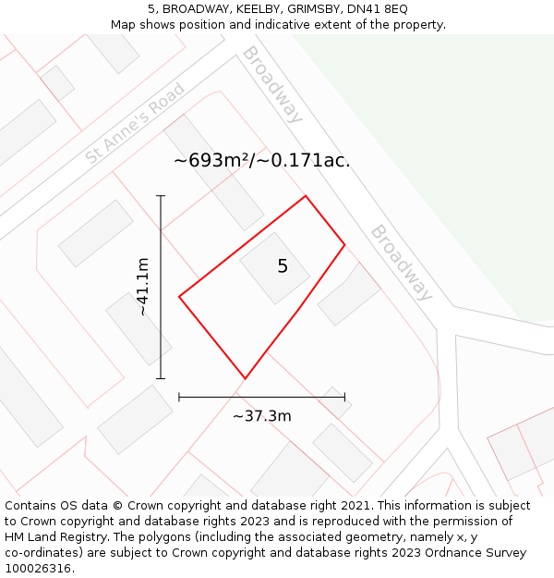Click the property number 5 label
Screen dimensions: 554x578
click(283, 266)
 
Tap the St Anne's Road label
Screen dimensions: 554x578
click(135, 124)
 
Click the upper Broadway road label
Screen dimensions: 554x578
click(272, 84)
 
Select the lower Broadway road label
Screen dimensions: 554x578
click(401, 263)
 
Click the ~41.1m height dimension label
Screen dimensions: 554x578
click(142, 287)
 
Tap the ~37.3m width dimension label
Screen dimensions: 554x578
click(261, 416)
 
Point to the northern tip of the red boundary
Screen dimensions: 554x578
click(306, 196)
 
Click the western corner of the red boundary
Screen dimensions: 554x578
click(179, 297)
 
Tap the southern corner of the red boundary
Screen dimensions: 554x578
click(245, 378)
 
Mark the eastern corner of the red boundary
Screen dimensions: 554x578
click(344, 245)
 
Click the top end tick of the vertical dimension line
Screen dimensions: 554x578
click(161, 196)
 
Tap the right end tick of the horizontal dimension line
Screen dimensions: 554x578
click(344, 397)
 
